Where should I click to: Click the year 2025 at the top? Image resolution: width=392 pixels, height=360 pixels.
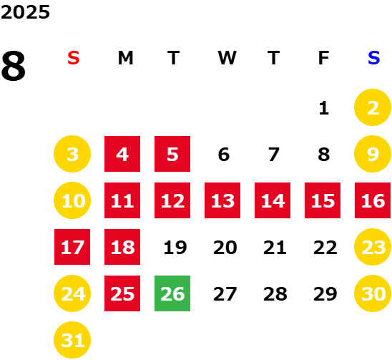[25, 12]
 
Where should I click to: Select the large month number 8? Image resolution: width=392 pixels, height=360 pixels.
[14, 66]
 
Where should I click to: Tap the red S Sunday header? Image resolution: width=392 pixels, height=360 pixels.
[74, 58]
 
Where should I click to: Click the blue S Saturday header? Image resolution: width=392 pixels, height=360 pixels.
[373, 58]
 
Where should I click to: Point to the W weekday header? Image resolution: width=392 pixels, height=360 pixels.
[227, 58]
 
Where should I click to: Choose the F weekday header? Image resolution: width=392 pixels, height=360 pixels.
[323, 58]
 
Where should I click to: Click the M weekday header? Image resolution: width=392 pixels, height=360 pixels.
[125, 58]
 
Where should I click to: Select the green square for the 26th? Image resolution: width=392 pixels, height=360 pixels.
[172, 293]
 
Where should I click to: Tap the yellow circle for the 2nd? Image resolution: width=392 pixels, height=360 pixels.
[373, 107]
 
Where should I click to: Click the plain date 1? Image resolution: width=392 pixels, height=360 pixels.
[324, 108]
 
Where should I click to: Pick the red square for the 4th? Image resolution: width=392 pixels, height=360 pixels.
[122, 154]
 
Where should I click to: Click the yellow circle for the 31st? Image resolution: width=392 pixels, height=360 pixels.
[72, 340]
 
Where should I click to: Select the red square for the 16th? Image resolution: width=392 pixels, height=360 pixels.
[373, 200]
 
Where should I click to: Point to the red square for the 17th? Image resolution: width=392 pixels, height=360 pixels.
[72, 247]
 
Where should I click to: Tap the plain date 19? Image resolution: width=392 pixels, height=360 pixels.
[175, 248]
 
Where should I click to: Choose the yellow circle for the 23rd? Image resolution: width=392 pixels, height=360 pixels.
[373, 247]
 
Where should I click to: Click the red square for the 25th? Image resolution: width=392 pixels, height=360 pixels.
[122, 293]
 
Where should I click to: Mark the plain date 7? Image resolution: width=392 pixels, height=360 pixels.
[274, 155]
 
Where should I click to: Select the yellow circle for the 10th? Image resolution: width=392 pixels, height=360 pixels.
[72, 200]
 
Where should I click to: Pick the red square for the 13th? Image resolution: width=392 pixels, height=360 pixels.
[222, 200]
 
